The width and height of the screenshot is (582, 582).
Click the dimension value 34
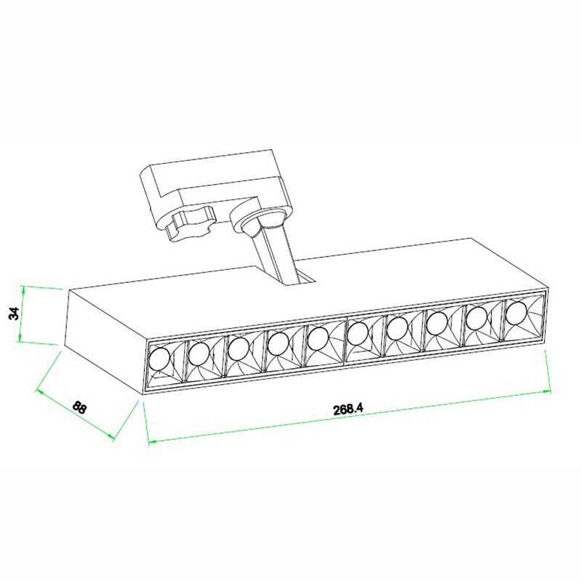pyautogui.click(x=14, y=314)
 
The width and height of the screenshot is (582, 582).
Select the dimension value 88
pyautogui.click(x=79, y=407)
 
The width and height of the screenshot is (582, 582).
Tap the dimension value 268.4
pyautogui.click(x=348, y=410)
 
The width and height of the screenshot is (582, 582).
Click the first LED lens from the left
pyautogui.click(x=159, y=359)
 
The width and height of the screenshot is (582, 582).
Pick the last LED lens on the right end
pyautogui.click(x=517, y=314)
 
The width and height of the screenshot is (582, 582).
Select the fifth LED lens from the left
pyautogui.click(x=318, y=338)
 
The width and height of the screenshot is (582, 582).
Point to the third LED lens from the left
pyautogui.click(x=239, y=349)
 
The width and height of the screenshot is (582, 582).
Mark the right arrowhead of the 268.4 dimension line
pyautogui.click(x=547, y=391)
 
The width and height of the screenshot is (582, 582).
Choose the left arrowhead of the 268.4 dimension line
pyautogui.click(x=153, y=442)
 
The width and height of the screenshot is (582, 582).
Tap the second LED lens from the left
pyautogui.click(x=199, y=354)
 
